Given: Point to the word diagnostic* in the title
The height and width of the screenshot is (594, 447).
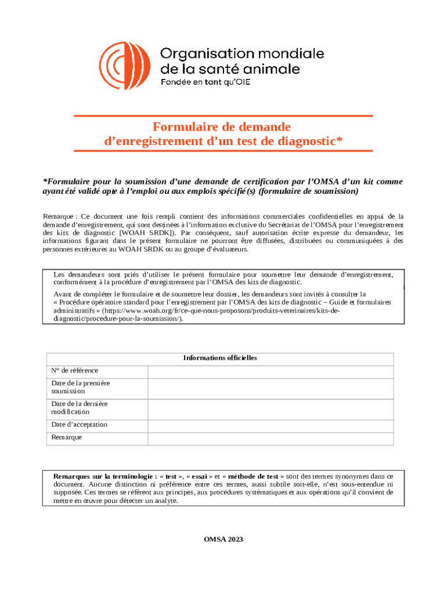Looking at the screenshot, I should point(306,141).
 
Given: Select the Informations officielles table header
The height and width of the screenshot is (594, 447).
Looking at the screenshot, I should point(220,358).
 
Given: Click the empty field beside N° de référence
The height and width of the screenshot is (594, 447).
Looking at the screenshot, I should point(271,371).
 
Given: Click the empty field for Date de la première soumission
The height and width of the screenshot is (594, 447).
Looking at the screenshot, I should point(271,387).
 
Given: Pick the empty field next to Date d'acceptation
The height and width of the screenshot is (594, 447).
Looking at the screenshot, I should point(271,425).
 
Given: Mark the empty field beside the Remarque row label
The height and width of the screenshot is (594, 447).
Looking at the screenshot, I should point(271,438).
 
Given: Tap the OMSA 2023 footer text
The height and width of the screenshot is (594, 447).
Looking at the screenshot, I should point(223,539).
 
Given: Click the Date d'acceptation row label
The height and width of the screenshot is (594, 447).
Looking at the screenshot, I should point(80,425).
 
